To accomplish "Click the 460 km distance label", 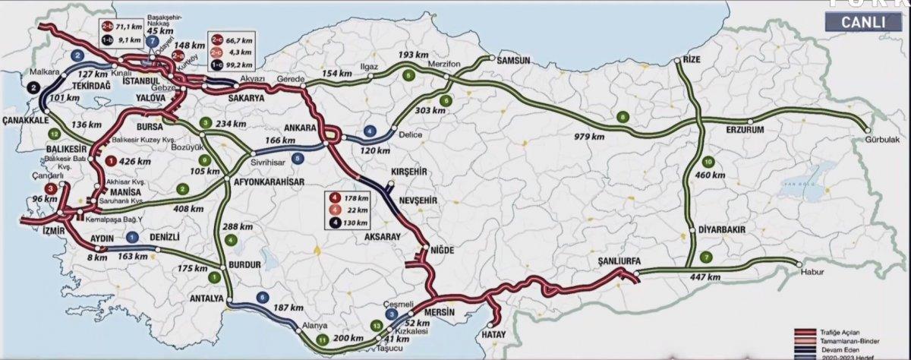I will pos(716,176).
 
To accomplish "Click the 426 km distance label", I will pos(136,161).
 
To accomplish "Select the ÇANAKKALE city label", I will pos(28,121).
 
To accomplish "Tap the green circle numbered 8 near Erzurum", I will pos(623,116).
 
